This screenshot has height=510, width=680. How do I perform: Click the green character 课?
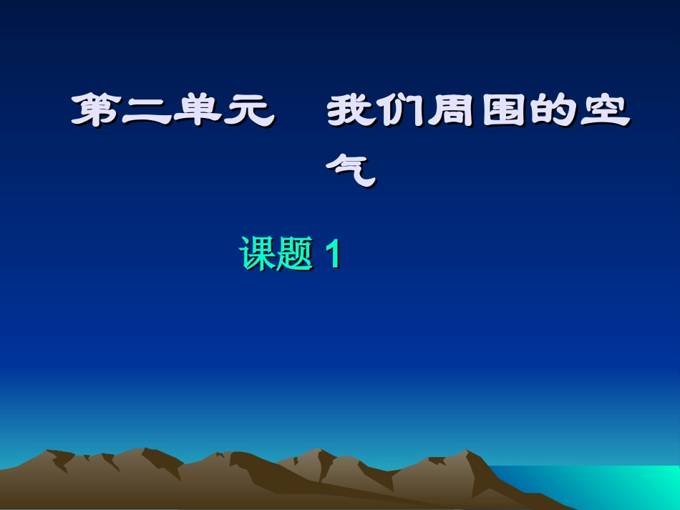(258, 254)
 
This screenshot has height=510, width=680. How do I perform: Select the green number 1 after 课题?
(331, 254)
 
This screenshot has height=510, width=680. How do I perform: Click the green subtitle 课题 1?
(290, 254)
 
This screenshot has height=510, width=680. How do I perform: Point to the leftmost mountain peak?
(49, 453)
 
